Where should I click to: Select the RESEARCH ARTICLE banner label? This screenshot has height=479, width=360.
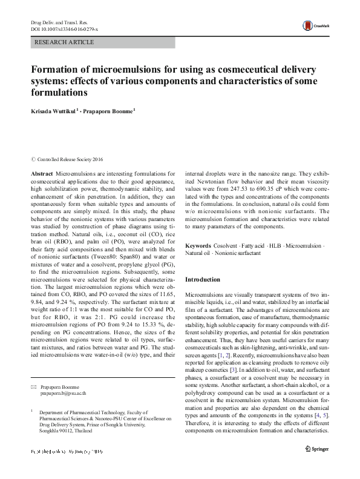point(65,42)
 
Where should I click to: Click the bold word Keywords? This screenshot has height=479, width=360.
point(198,246)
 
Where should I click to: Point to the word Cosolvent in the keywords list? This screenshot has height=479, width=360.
point(227,246)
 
